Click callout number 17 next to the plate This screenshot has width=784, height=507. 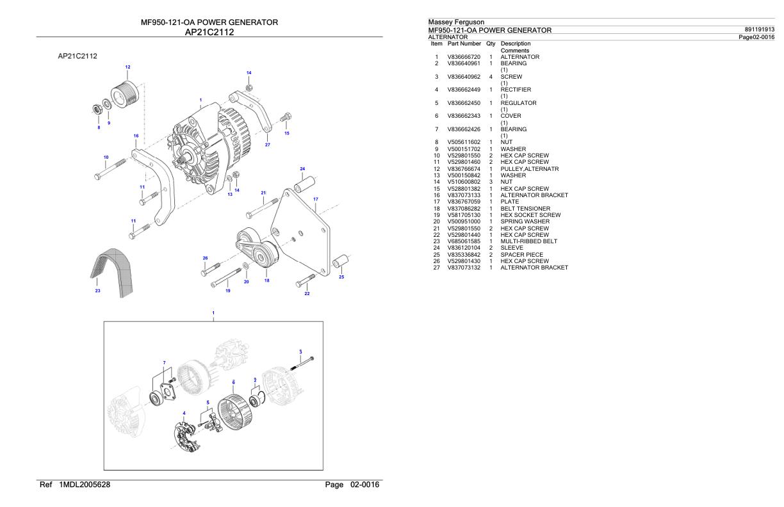coord(316,199)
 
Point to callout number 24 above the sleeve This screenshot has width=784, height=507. coord(302,168)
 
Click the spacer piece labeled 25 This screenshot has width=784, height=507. coord(341,262)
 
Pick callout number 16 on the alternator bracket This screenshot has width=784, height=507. coord(136,136)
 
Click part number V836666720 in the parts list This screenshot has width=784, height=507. coord(464,57)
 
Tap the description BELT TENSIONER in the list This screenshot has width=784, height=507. coord(525,209)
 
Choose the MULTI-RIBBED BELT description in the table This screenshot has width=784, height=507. coord(528,241)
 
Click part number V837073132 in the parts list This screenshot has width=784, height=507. coord(464,268)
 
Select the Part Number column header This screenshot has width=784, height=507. coord(464,44)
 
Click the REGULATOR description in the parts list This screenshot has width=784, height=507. coord(518,103)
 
